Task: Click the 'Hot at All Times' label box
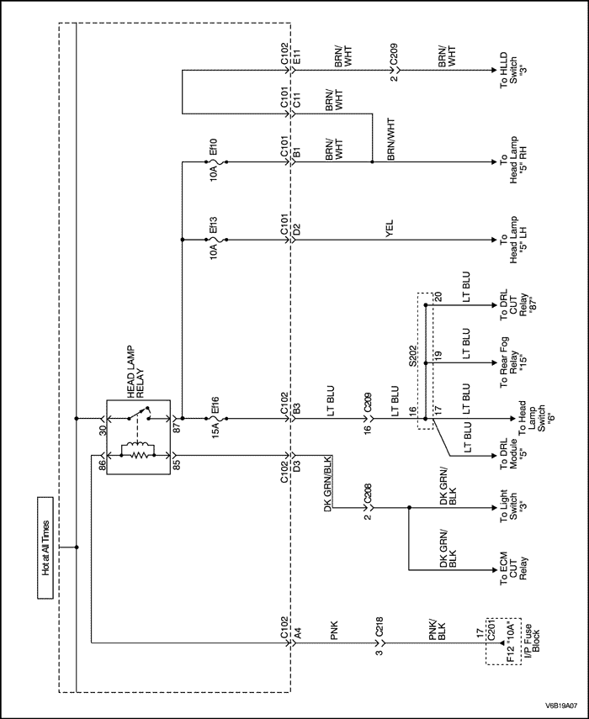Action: tap(45, 547)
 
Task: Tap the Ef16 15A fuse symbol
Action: tap(215, 418)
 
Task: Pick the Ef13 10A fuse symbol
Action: tap(215, 241)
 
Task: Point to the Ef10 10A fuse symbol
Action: tap(215, 160)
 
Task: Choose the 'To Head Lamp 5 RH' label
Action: tap(510, 160)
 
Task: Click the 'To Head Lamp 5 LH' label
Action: tap(510, 241)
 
